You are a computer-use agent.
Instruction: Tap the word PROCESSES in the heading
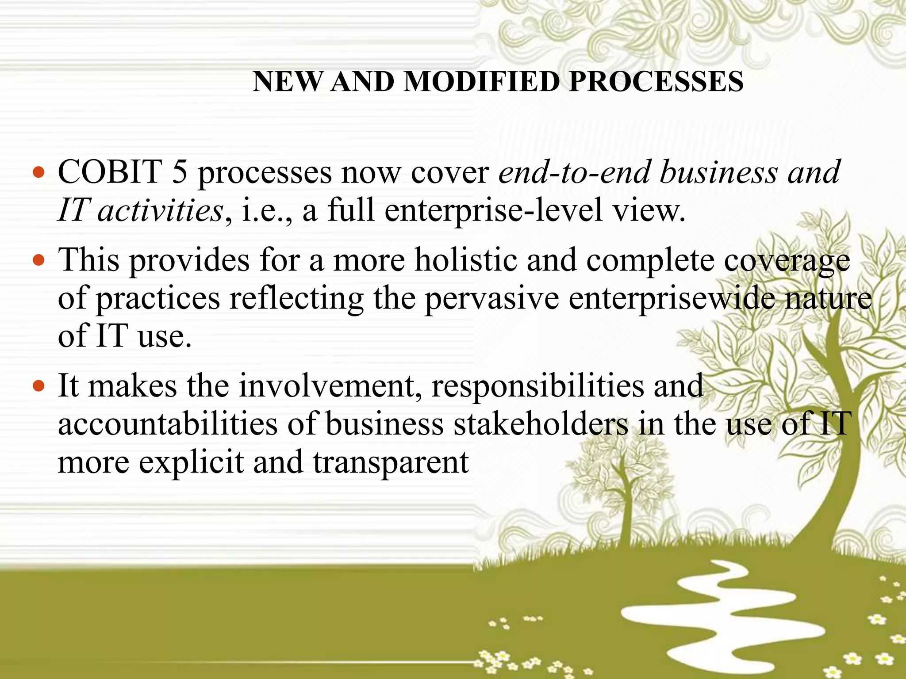pyautogui.click(x=656, y=82)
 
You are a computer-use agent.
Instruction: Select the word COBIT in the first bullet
pyautogui.click(x=110, y=172)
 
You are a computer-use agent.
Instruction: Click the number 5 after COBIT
pyautogui.click(x=179, y=172)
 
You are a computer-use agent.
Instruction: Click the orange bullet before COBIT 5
pyautogui.click(x=39, y=172)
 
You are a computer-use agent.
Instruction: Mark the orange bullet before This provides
pyautogui.click(x=39, y=260)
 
